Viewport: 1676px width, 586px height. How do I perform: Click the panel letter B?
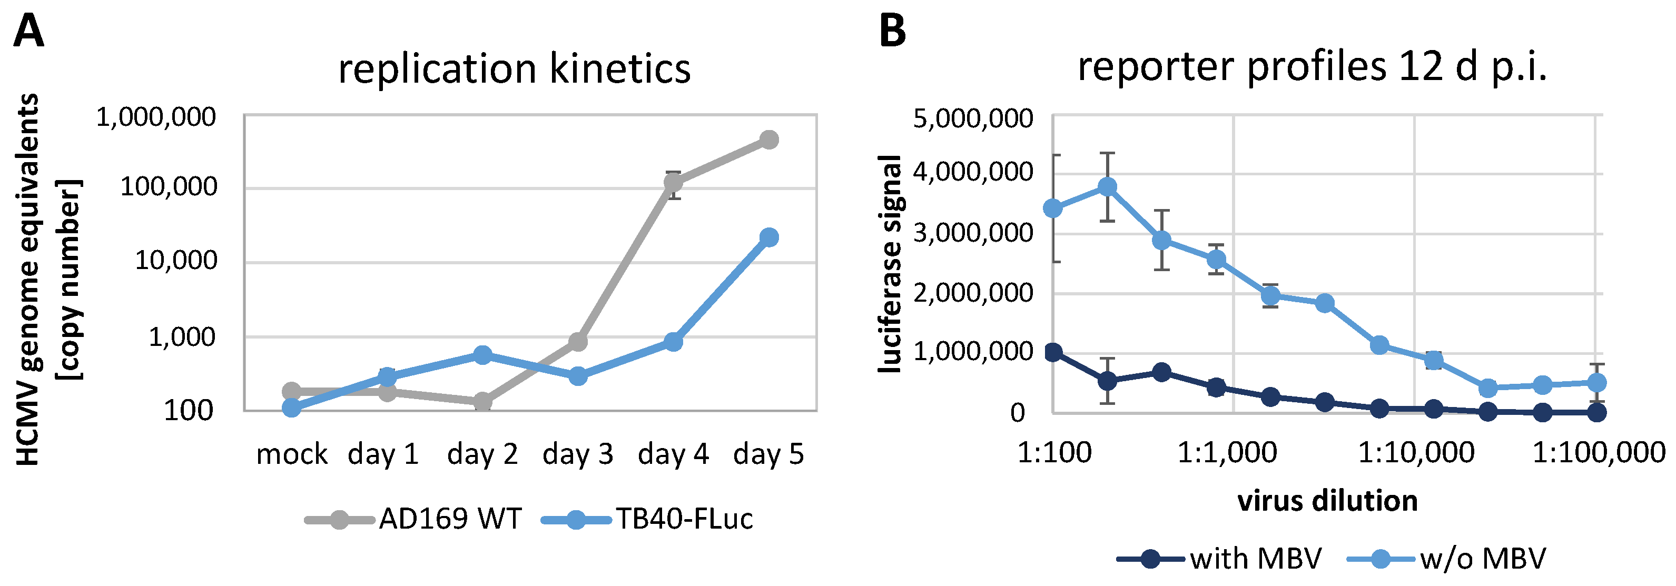click(x=892, y=31)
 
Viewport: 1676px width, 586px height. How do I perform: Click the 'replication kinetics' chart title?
click(x=514, y=68)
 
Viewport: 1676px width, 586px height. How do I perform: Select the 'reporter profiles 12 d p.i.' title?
click(x=1312, y=66)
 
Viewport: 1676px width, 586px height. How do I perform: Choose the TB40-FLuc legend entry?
click(x=647, y=519)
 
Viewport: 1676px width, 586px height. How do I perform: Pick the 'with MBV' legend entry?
click(x=1219, y=559)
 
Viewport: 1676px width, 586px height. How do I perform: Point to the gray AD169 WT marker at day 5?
click(x=769, y=139)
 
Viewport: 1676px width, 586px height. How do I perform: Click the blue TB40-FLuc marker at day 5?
click(x=769, y=237)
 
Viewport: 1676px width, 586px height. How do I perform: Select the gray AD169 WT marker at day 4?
click(x=673, y=182)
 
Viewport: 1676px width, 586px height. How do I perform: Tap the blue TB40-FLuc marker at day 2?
click(x=482, y=355)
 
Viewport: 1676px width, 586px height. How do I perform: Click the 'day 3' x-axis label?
click(x=578, y=454)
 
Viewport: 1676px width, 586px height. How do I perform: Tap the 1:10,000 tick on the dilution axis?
click(x=1416, y=453)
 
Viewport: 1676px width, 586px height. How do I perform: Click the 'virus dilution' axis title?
click(x=1327, y=501)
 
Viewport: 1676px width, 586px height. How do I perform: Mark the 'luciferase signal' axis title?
click(x=890, y=263)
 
